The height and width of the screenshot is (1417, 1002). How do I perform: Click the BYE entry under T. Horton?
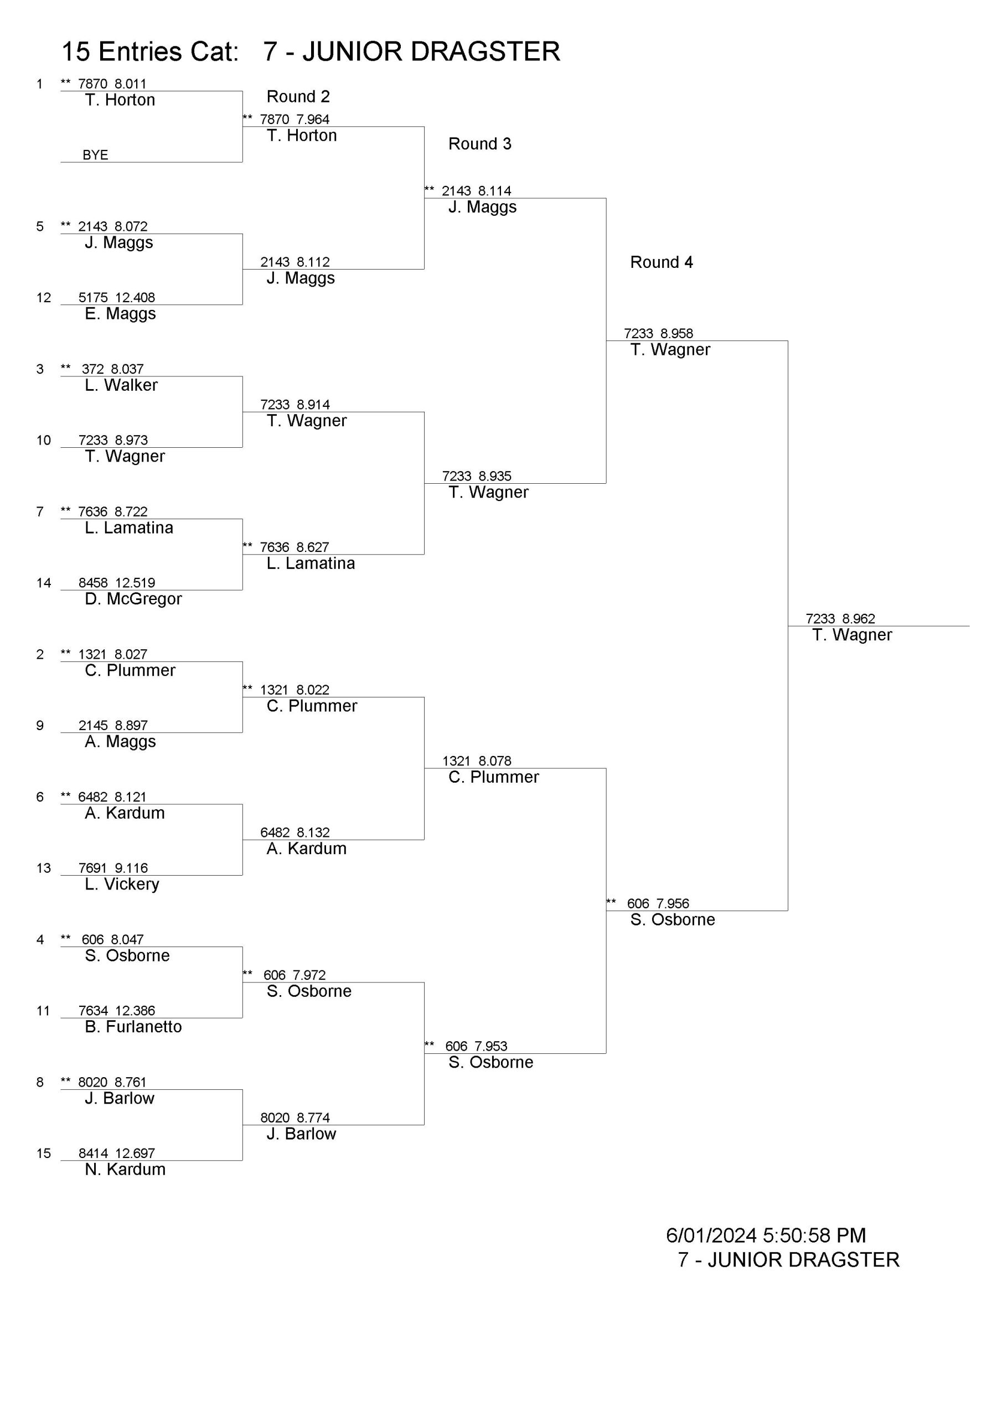click(95, 155)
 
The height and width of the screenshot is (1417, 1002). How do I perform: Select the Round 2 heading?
click(298, 96)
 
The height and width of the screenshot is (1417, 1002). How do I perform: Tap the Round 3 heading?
click(480, 144)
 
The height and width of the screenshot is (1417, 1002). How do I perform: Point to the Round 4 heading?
click(661, 262)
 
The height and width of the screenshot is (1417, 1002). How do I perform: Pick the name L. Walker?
click(121, 385)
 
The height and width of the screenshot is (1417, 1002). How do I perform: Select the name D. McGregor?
click(133, 599)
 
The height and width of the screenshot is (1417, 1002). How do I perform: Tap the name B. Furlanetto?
click(133, 1026)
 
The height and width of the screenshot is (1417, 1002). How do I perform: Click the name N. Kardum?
click(125, 1169)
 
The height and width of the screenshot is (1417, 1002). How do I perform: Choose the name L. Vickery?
click(122, 884)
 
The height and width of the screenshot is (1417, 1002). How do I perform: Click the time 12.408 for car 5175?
click(135, 297)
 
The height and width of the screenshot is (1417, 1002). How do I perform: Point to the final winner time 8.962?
click(858, 618)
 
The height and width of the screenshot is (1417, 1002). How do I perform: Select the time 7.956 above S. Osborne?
click(672, 903)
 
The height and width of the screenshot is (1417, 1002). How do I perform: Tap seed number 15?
click(43, 1153)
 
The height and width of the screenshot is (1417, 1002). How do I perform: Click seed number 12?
click(43, 297)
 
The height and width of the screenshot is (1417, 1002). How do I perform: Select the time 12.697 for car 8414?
click(135, 1153)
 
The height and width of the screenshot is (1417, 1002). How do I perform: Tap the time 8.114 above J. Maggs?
click(494, 191)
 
